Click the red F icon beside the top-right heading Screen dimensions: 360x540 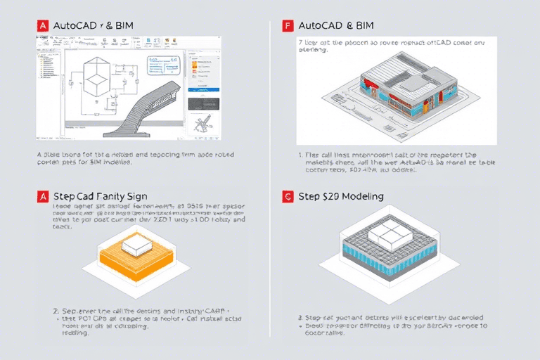287,26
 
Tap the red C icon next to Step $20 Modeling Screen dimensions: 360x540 287,197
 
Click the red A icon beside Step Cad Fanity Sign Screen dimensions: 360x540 43,197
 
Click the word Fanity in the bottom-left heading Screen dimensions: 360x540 112,196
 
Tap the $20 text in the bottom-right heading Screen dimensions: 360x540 333,196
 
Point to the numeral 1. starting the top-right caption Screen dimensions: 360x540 300,155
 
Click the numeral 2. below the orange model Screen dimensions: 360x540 56,310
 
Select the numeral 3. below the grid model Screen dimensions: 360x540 300,317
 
